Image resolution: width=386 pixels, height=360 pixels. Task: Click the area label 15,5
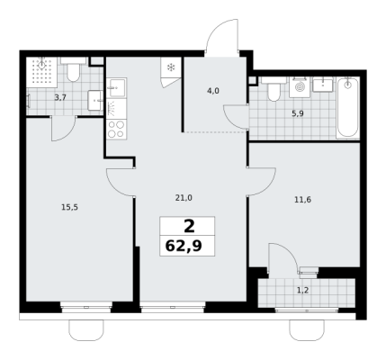point(69,207)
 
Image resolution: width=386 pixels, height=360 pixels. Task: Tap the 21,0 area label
point(184,198)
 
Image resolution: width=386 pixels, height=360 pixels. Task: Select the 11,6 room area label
point(302,200)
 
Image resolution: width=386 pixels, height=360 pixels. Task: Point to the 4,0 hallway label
point(213,91)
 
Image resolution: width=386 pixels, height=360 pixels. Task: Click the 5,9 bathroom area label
point(298,113)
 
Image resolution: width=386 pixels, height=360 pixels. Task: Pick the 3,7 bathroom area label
point(60,97)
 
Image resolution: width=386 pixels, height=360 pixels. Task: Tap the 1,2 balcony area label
point(302,291)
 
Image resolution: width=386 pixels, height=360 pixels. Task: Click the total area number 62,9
point(184,247)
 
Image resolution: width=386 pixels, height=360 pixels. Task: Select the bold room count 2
point(189,226)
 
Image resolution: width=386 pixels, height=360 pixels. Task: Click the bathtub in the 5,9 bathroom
point(347,108)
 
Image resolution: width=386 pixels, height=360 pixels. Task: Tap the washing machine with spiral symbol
point(300,87)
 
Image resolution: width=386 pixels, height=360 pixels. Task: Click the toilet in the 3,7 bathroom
point(73,69)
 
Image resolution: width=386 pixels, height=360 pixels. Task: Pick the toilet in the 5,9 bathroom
point(274,89)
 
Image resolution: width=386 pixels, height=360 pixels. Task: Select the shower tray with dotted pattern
point(41,72)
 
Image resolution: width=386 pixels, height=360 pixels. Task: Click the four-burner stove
point(116,130)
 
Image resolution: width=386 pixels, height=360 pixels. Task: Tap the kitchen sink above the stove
point(116,87)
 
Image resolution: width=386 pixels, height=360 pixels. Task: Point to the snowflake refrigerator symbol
point(171,67)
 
